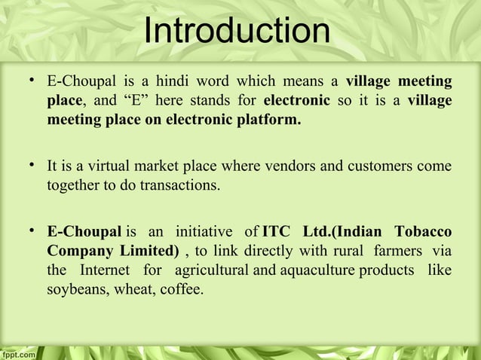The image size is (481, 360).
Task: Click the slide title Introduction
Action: (x=237, y=32)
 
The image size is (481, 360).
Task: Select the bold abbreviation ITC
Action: (x=279, y=230)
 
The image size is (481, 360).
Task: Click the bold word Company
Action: (x=78, y=249)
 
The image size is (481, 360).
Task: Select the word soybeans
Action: (x=75, y=288)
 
